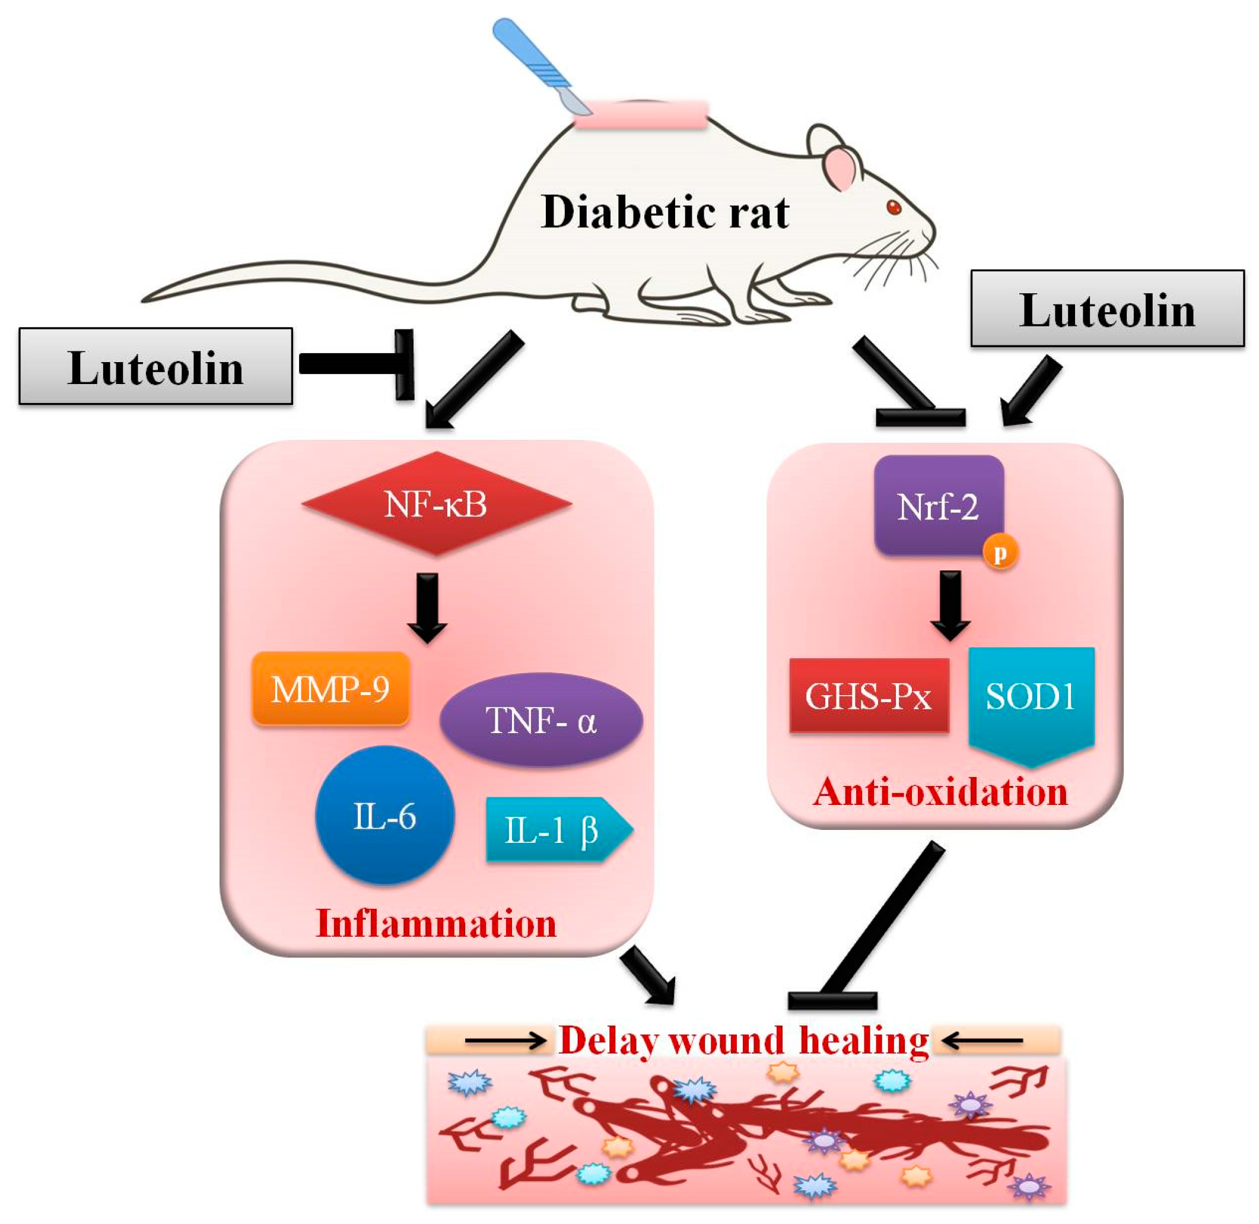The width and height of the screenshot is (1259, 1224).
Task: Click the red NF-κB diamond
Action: [436, 504]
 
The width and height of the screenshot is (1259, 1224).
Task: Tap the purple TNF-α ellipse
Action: [541, 720]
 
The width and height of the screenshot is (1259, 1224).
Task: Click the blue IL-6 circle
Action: [385, 816]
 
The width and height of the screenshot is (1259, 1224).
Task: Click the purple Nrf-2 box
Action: [938, 506]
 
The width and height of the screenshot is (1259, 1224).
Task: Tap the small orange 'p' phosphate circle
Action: [1000, 553]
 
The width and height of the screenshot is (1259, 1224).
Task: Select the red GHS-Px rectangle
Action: [869, 696]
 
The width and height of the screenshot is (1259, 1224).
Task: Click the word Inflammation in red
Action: [436, 924]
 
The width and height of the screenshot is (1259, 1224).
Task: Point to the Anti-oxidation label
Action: [940, 792]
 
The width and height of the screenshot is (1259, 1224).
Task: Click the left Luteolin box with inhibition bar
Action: [155, 366]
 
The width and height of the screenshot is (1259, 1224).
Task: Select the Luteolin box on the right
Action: [1107, 309]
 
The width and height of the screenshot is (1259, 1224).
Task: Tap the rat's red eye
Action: [894, 207]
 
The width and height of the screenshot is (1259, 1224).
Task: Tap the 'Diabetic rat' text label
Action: [665, 212]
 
